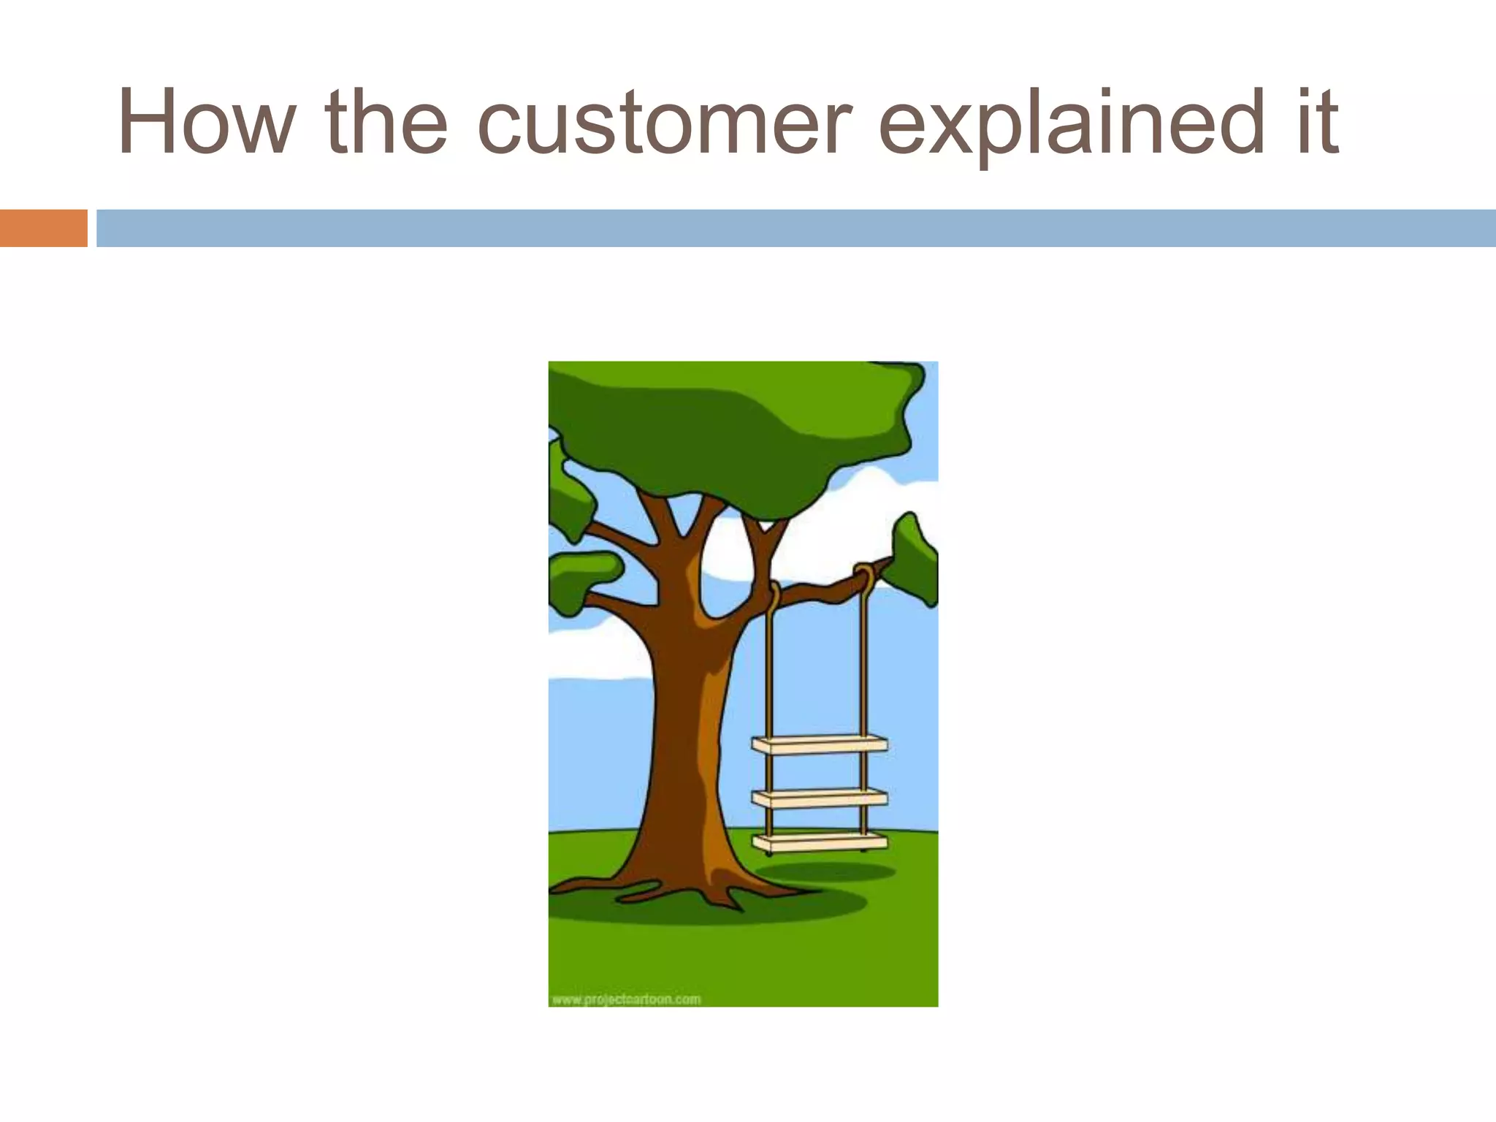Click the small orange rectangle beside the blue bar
point(43,228)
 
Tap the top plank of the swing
point(820,745)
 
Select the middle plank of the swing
point(820,798)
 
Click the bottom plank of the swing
point(820,842)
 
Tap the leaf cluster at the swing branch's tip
point(915,560)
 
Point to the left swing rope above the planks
point(769,672)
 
